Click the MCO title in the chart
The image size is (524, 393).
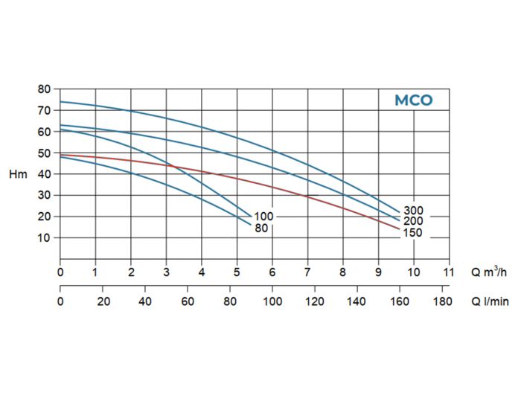pos(413,100)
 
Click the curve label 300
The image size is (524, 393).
pos(413,211)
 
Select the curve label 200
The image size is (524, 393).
pos(413,221)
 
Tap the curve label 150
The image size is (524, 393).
pos(413,233)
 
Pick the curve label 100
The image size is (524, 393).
pos(264,217)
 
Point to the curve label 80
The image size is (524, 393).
pos(261,229)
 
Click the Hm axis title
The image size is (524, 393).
pos(18,174)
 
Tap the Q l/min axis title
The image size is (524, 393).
pos(490,301)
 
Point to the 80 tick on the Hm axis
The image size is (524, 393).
pos(44,89)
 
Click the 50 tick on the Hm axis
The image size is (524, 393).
pos(44,153)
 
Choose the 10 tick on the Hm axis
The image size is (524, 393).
pos(44,238)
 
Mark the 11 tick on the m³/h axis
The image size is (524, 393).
pos(449,272)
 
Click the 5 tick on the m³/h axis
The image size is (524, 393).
pos(237,272)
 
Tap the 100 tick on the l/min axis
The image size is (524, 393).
pos(273,301)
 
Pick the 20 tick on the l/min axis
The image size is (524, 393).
pos(103,301)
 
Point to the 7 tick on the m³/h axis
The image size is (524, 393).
pos(307,272)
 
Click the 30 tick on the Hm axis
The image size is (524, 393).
pos(44,195)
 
